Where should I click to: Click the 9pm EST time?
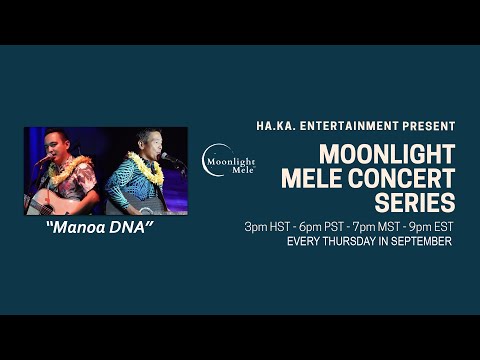pyautogui.click(x=431, y=227)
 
